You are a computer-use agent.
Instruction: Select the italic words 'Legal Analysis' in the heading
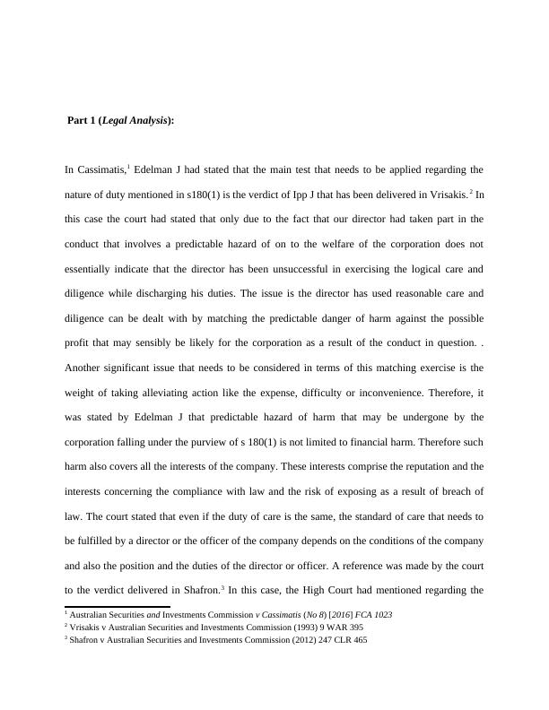(x=135, y=120)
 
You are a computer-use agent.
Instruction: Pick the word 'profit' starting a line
(x=77, y=342)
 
